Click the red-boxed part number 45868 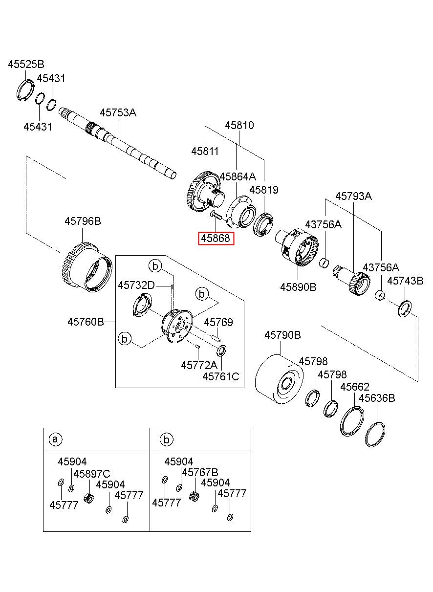pyautogui.click(x=216, y=239)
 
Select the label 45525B pyautogui.click(x=26, y=64)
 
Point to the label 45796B pyautogui.click(x=83, y=221)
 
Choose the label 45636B pyautogui.click(x=377, y=398)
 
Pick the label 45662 pyautogui.click(x=355, y=387)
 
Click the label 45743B pyautogui.click(x=405, y=281)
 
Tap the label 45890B pyautogui.click(x=298, y=287)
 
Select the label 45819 pyautogui.click(x=264, y=190)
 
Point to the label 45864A pyautogui.click(x=238, y=176)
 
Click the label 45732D pyautogui.click(x=136, y=285)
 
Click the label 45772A pyautogui.click(x=199, y=365)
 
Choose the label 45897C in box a pyautogui.click(x=91, y=473)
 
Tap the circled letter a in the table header pyautogui.click(x=55, y=439)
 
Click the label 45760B pyautogui.click(x=86, y=322)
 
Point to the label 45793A pyautogui.click(x=353, y=197)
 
